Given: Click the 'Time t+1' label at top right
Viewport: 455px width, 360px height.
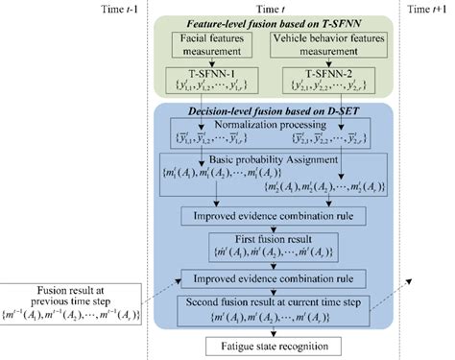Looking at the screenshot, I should (425, 9).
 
